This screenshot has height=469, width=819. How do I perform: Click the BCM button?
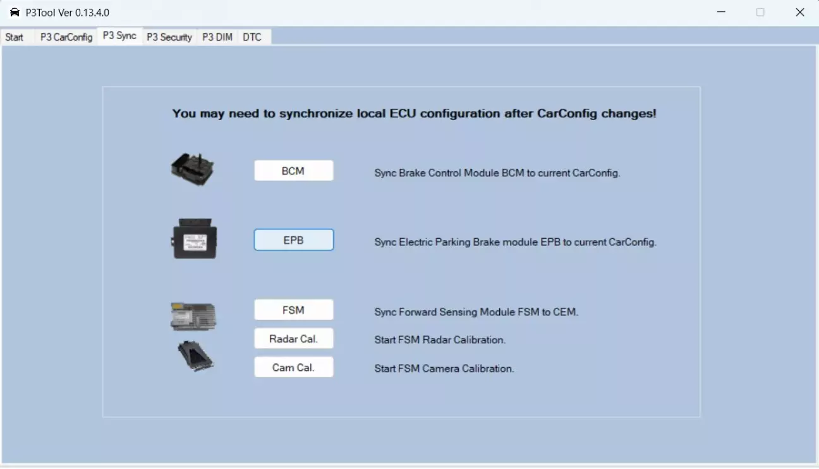coord(294,171)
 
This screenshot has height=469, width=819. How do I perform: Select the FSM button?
coord(294,310)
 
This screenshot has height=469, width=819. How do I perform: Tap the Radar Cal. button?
coord(294,338)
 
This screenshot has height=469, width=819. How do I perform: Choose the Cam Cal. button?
coord(294,367)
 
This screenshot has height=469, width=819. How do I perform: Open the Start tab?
coord(15,37)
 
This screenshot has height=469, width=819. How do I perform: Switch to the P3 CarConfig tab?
coord(66,37)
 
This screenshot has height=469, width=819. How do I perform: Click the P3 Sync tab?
coord(119,36)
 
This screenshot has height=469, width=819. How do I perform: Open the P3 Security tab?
coord(169,37)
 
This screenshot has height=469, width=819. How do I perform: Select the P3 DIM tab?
coord(217,37)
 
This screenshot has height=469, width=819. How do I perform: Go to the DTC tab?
coord(252,37)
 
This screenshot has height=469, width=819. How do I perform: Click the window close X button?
coord(799,13)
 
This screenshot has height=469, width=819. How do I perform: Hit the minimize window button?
coord(721,13)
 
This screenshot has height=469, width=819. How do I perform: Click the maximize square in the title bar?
coord(760,13)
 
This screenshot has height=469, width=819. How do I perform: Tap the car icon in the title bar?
coord(15,13)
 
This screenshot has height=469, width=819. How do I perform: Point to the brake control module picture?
coord(193,169)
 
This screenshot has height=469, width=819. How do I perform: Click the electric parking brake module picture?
coord(194,238)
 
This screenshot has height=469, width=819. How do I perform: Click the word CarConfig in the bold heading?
coord(567,114)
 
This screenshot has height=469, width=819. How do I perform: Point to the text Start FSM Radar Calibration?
coord(440,340)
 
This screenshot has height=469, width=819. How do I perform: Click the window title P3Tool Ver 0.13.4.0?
coord(67,13)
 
